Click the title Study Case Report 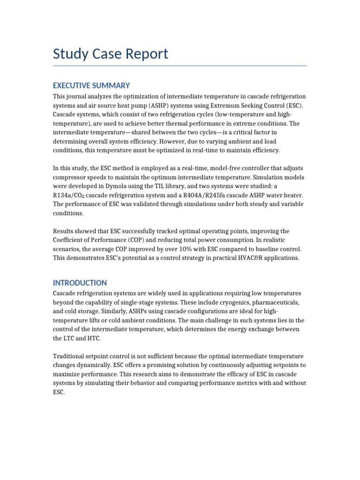tap(111, 54)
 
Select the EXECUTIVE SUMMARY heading tap(91, 85)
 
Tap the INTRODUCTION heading tap(80, 283)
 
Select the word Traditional tap(69, 356)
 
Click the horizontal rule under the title tap(180, 66)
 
